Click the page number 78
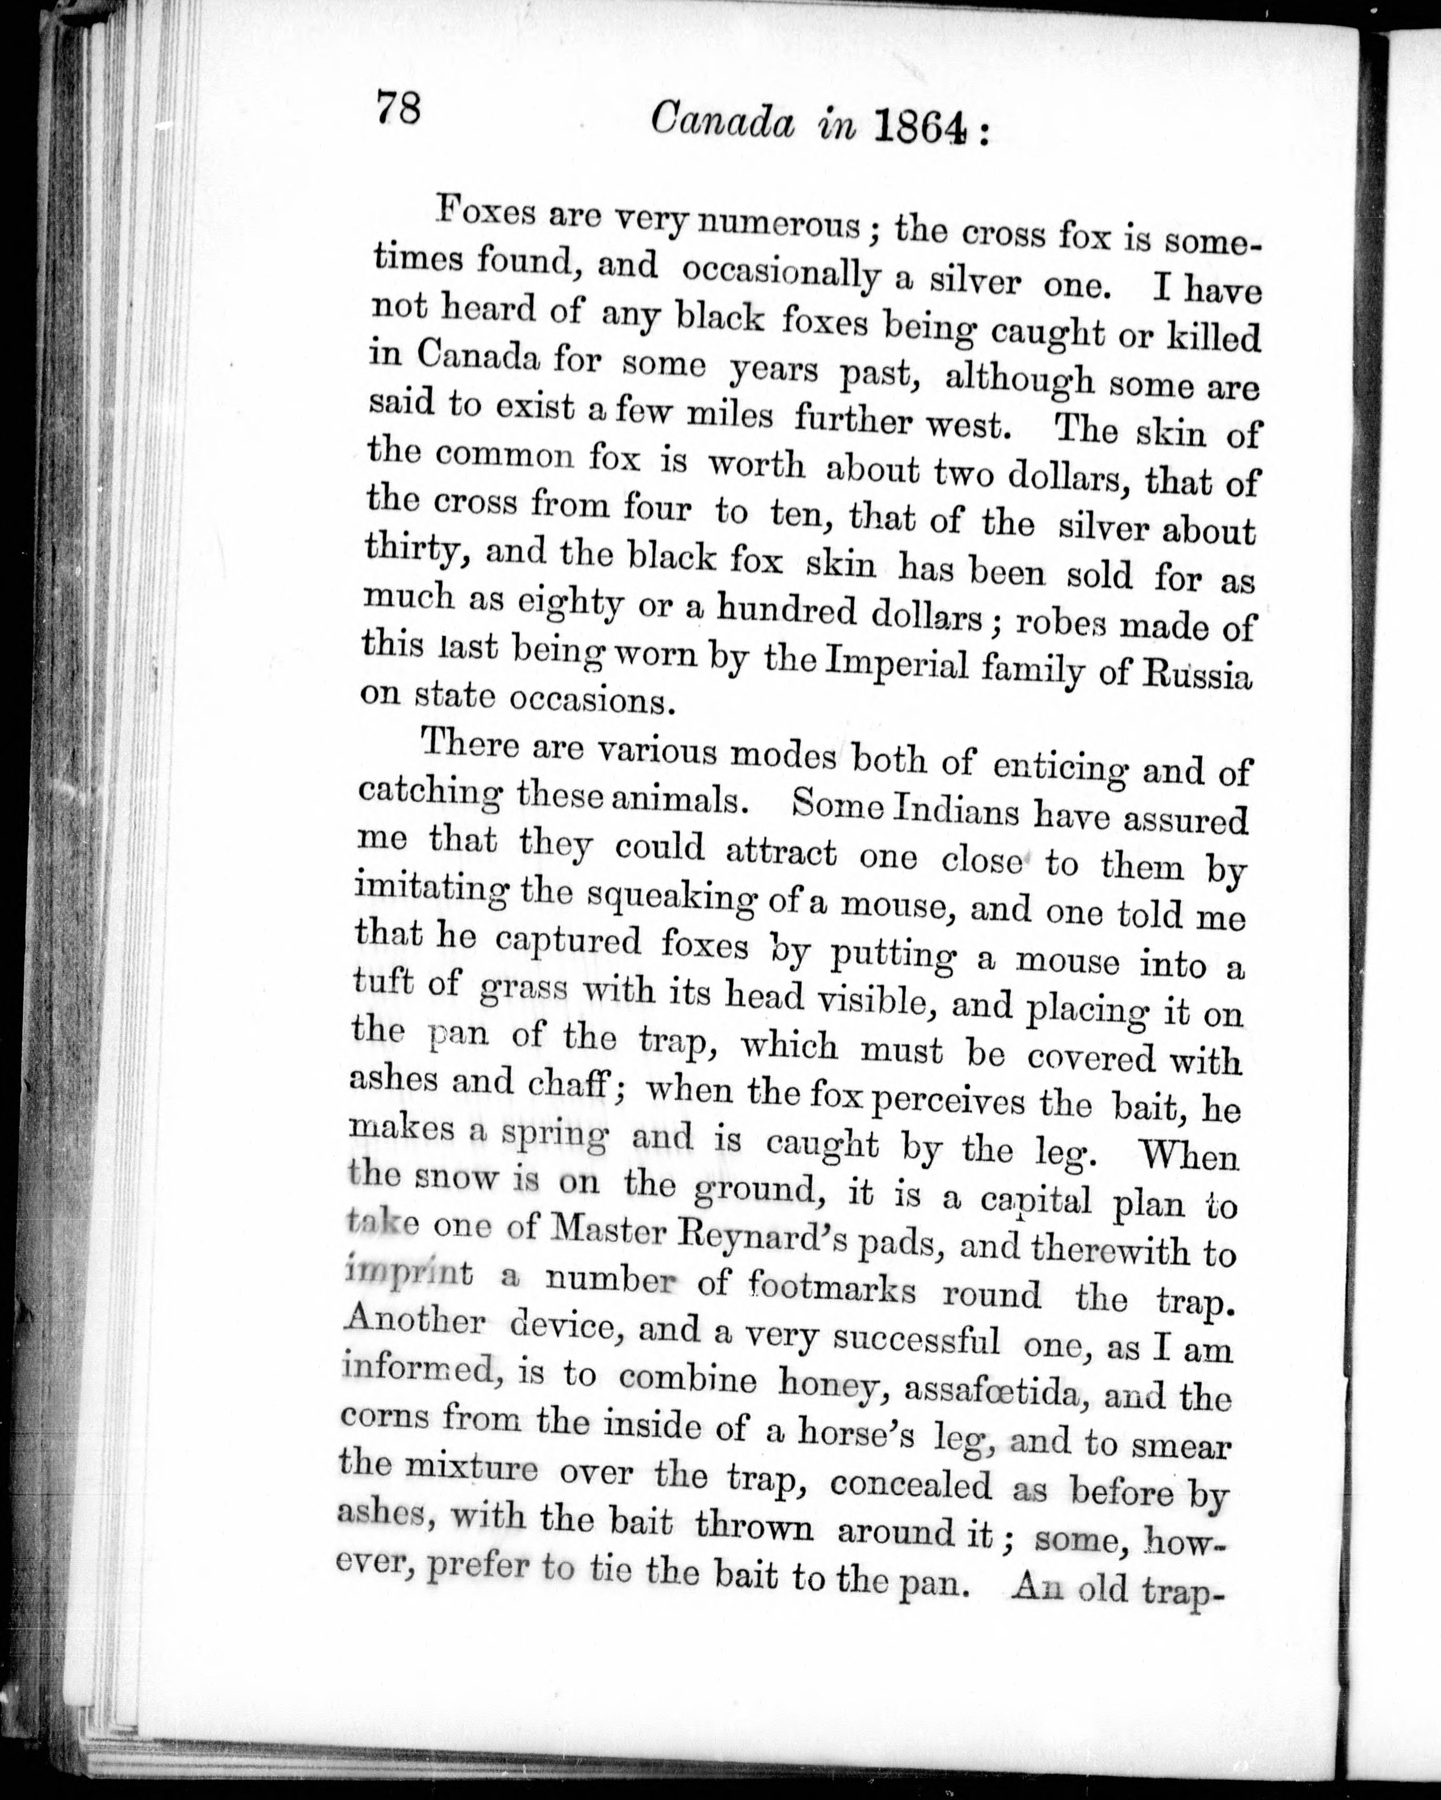tap(398, 108)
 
